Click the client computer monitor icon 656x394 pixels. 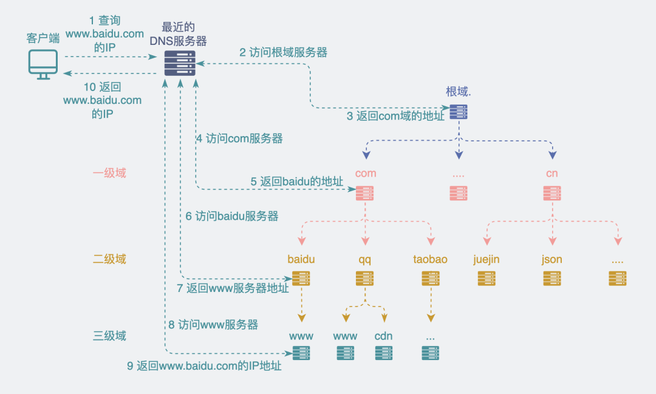[43, 64]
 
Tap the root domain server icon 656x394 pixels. [459, 111]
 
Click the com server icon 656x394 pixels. [365, 193]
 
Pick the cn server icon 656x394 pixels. [552, 193]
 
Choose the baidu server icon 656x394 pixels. [301, 279]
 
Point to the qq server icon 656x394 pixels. [364, 279]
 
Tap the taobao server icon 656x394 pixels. [430, 279]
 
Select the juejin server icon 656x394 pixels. [487, 279]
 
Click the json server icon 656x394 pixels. [552, 279]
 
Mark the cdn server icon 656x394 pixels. [384, 353]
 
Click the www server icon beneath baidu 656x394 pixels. [301, 353]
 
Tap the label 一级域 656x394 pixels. [109, 173]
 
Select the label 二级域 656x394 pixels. [109, 259]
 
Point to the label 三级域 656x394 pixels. [109, 336]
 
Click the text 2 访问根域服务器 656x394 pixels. [283, 53]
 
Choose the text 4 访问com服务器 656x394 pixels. [239, 138]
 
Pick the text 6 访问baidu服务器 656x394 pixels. [232, 216]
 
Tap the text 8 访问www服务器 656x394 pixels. [213, 325]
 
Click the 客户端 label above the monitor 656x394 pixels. [43, 38]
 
